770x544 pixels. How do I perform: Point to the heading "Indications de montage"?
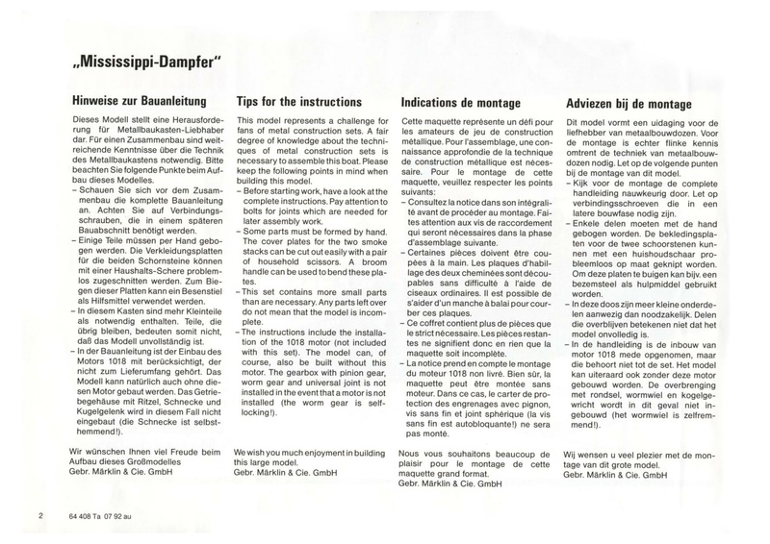tap(461, 100)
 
